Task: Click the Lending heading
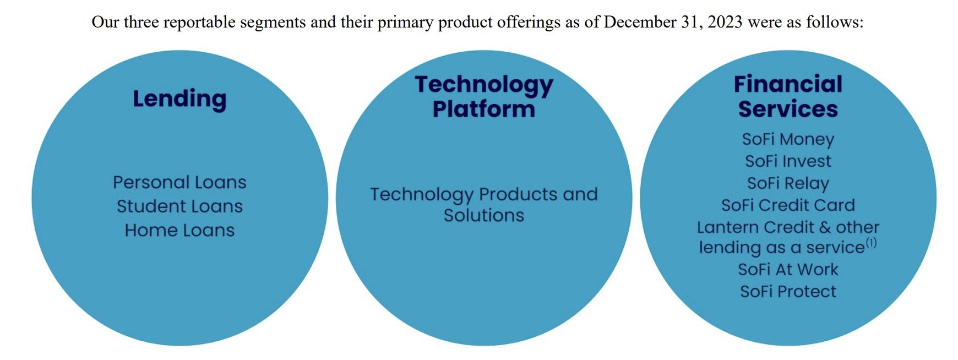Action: pos(179,99)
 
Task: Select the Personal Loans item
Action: pos(179,182)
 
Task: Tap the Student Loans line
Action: pos(179,206)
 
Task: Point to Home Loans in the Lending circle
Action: pos(179,230)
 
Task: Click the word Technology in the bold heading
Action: pos(484,85)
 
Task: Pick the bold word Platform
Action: pos(484,109)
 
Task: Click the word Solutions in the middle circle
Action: pos(484,215)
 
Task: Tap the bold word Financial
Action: pos(788,84)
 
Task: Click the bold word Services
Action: pos(788,109)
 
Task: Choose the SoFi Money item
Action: pos(788,139)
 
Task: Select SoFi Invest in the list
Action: pos(788,161)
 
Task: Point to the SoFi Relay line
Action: pos(788,183)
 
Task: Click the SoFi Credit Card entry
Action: pos(788,205)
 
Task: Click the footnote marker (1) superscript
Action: pos(871,242)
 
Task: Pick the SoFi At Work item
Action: pos(788,270)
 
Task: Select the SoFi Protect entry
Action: pos(788,292)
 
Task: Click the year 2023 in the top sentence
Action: pos(725,22)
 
